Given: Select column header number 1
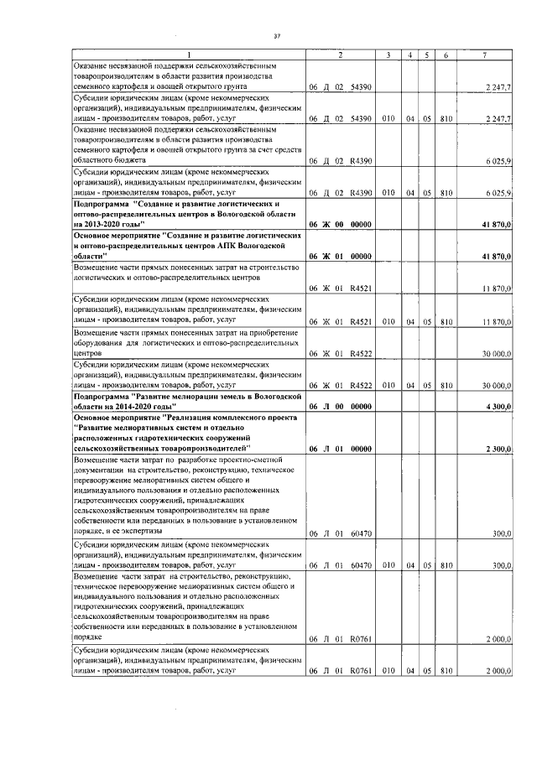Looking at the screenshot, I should click(188, 55).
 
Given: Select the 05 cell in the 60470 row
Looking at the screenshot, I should click(427, 565).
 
